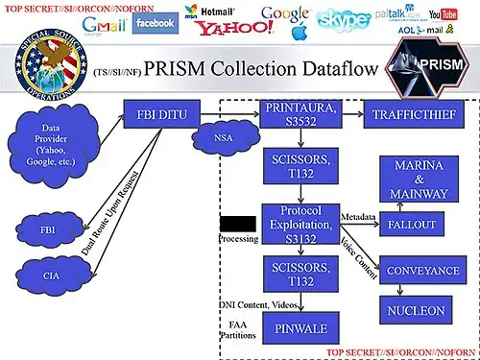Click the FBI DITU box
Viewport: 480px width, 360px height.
point(162,117)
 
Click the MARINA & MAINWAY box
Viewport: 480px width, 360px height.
point(418,180)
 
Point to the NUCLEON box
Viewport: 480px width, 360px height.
point(416,310)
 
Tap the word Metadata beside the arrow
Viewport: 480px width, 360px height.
point(357,215)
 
